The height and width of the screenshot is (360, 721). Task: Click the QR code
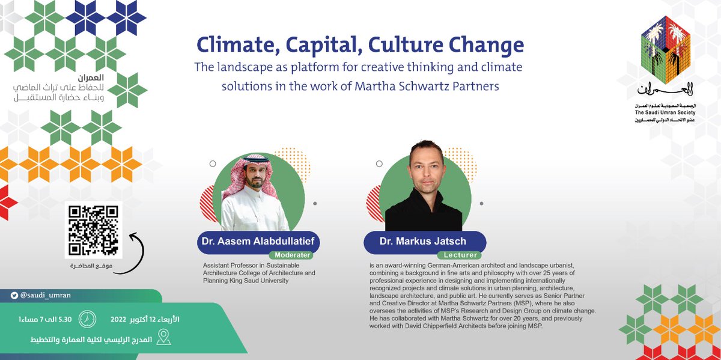pos(93,230)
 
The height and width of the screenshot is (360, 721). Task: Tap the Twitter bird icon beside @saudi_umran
pos(14,296)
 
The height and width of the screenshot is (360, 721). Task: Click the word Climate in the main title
pos(234,44)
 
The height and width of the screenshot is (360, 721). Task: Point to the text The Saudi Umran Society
pos(666,112)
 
